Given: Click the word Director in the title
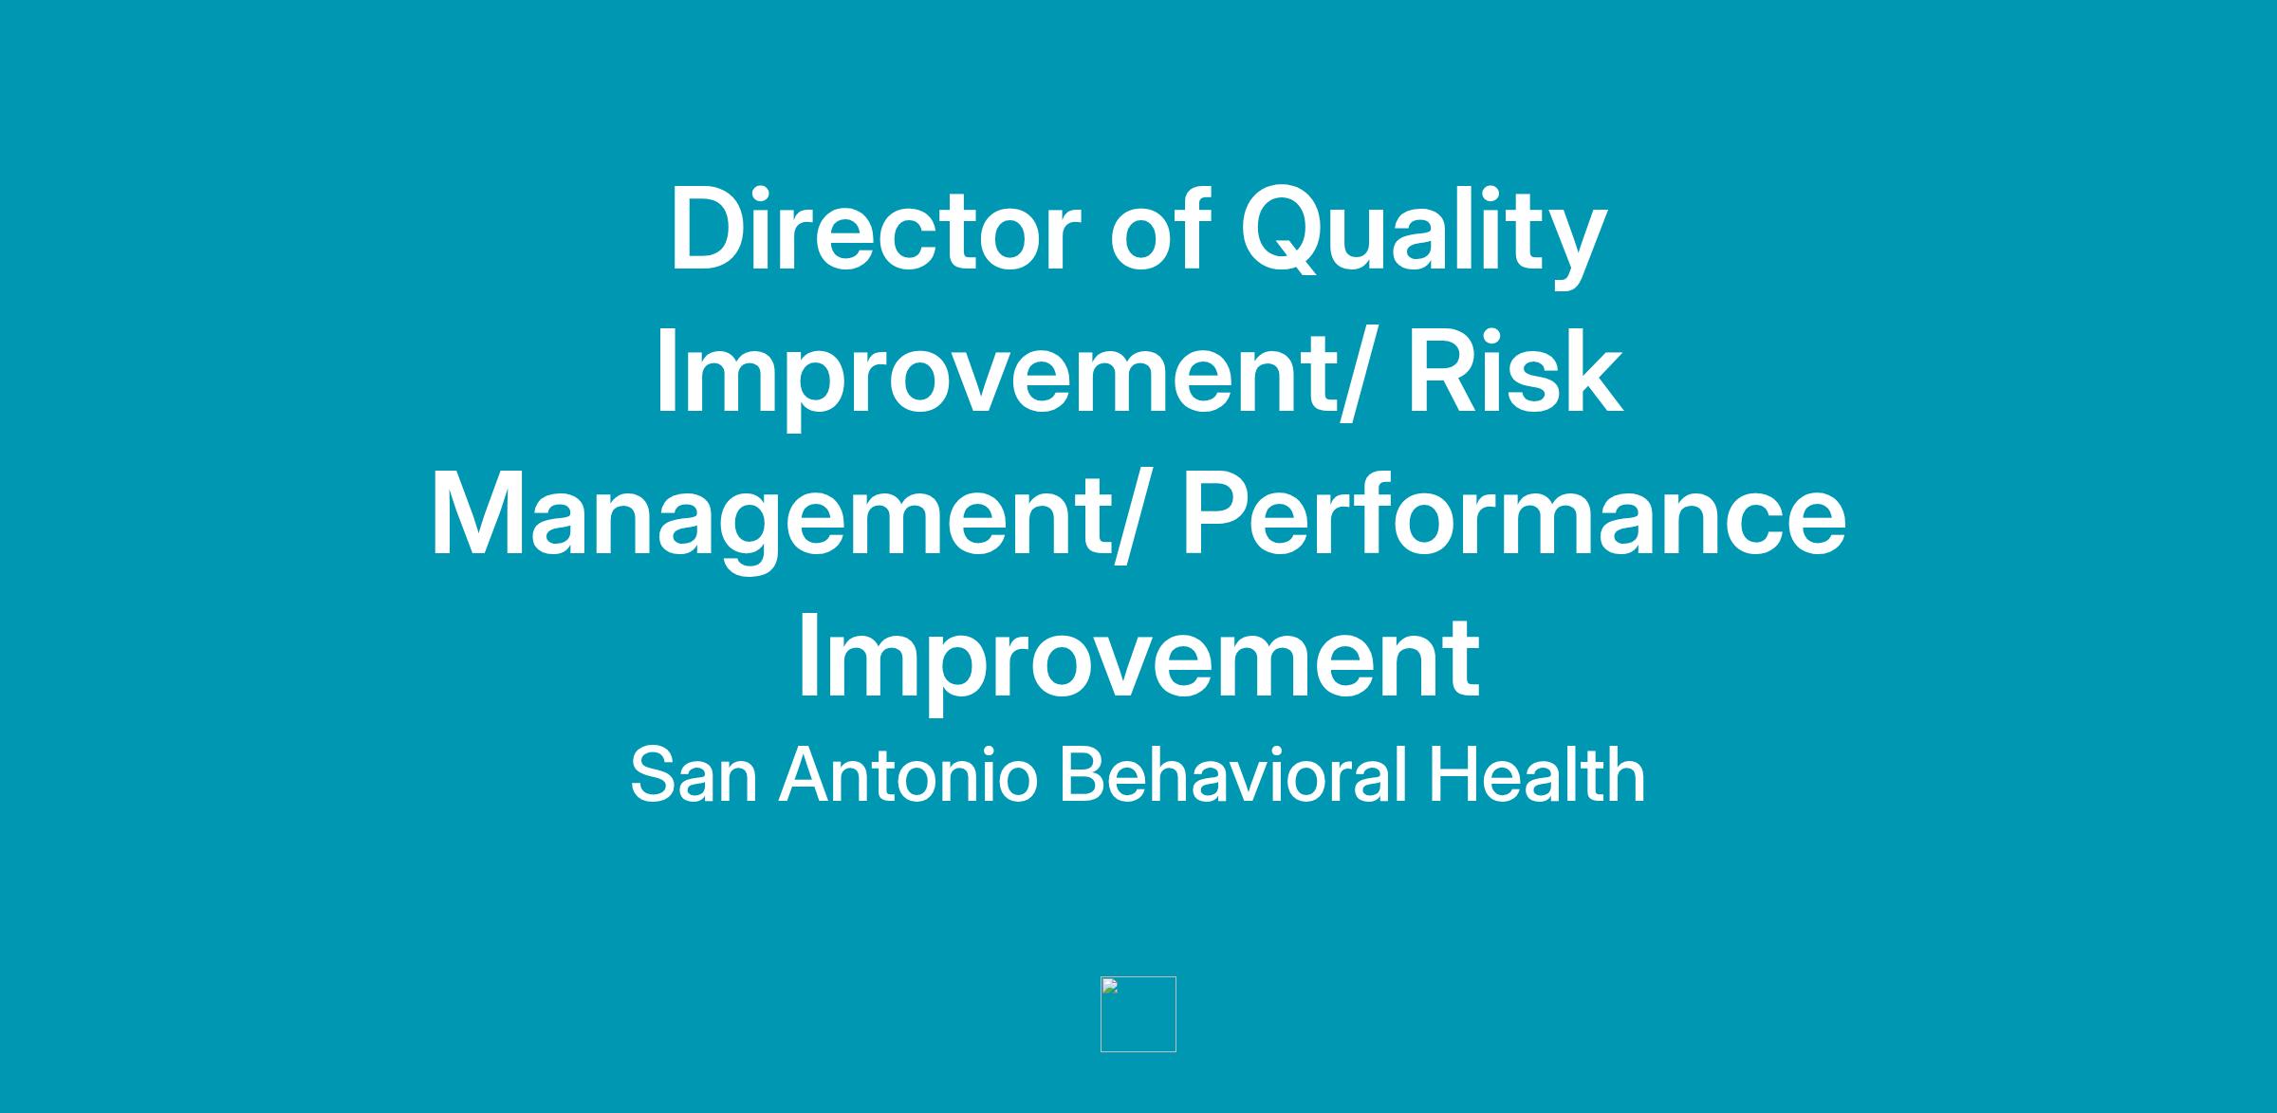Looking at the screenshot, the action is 875,229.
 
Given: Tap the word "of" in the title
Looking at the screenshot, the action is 1159,227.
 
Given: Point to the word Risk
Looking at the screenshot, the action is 1514,369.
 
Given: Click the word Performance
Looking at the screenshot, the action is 1514,512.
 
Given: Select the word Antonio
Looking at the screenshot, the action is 908,774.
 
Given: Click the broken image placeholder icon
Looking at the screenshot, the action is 1138,1013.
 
